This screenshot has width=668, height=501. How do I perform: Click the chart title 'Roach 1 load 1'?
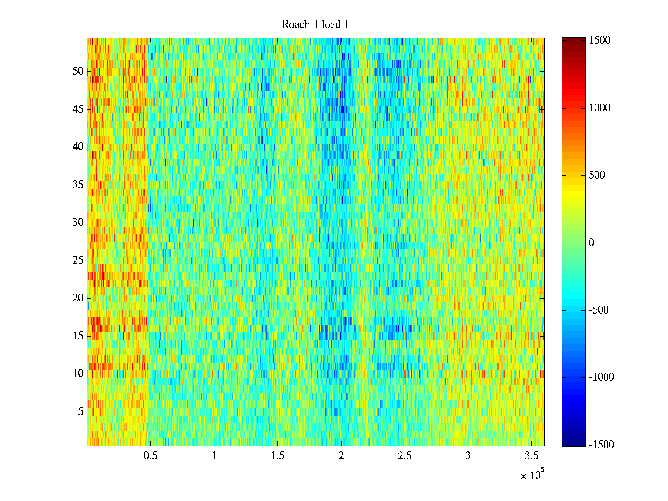point(315,25)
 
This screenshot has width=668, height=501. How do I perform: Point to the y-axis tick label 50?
point(78,71)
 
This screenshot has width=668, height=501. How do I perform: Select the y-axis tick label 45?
point(78,109)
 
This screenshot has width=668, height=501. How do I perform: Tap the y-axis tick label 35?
point(78,185)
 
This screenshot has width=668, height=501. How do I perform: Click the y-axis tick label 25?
point(78,261)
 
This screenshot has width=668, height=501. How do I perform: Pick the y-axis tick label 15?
point(78,336)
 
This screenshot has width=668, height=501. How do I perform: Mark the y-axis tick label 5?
point(81,412)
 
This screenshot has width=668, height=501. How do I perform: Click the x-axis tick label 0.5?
point(151,456)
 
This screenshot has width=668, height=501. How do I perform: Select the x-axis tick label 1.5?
point(278,456)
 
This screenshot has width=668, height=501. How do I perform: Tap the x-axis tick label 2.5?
point(405,456)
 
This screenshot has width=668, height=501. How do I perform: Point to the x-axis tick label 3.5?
point(531,456)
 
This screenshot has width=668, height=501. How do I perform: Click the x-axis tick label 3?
point(468,456)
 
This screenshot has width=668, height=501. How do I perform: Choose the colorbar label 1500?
point(600,40)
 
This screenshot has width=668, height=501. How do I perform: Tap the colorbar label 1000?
point(600,108)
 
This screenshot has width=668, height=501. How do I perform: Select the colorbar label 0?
point(591,243)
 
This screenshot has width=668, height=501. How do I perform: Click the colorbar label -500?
point(598,310)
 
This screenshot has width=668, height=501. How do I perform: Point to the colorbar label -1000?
point(601,377)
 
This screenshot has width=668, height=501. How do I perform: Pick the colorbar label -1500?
point(601,445)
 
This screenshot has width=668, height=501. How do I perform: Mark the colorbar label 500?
point(597,175)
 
